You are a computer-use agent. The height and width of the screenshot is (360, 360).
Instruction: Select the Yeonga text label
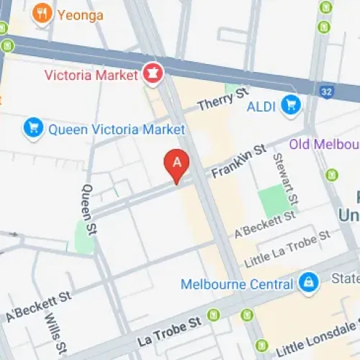point(81,14)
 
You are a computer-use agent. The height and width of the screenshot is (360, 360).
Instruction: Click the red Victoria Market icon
point(153,73)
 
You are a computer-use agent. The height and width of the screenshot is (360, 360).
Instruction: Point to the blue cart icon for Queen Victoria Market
point(32,129)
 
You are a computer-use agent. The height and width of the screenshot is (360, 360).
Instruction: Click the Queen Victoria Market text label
point(116,130)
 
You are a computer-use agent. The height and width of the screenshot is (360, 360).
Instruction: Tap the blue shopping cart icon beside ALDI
point(290,105)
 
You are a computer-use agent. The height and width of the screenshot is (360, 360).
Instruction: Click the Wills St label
point(53,329)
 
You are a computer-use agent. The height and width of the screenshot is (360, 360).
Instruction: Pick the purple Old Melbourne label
point(324,145)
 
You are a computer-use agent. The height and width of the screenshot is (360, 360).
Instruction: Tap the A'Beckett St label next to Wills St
point(38,307)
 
